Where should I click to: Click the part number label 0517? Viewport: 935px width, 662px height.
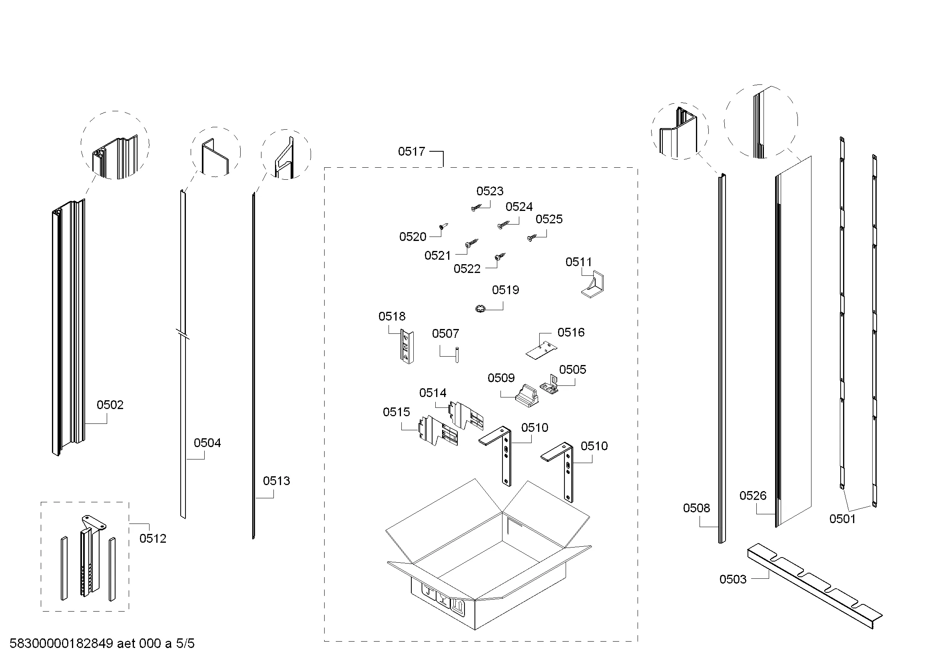coord(411,152)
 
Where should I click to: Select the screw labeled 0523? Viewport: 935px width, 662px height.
coord(476,208)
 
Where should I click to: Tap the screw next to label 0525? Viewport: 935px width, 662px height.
coord(532,238)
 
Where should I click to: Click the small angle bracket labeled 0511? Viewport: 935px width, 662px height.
coord(592,284)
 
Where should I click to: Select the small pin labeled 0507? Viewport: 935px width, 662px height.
coord(457,354)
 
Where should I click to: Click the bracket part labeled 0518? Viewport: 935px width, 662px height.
coord(407,347)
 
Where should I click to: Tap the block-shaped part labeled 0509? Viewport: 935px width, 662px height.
coord(526,396)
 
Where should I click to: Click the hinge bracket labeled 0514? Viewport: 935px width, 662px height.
coord(466,415)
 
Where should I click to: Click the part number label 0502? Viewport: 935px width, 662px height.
coord(110,405)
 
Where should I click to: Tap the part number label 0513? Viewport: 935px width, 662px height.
coord(277,481)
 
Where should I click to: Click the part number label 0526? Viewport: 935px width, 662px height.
coord(753,495)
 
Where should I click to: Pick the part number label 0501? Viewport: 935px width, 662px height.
coord(843,519)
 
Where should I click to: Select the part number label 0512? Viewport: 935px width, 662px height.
coord(153,538)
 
